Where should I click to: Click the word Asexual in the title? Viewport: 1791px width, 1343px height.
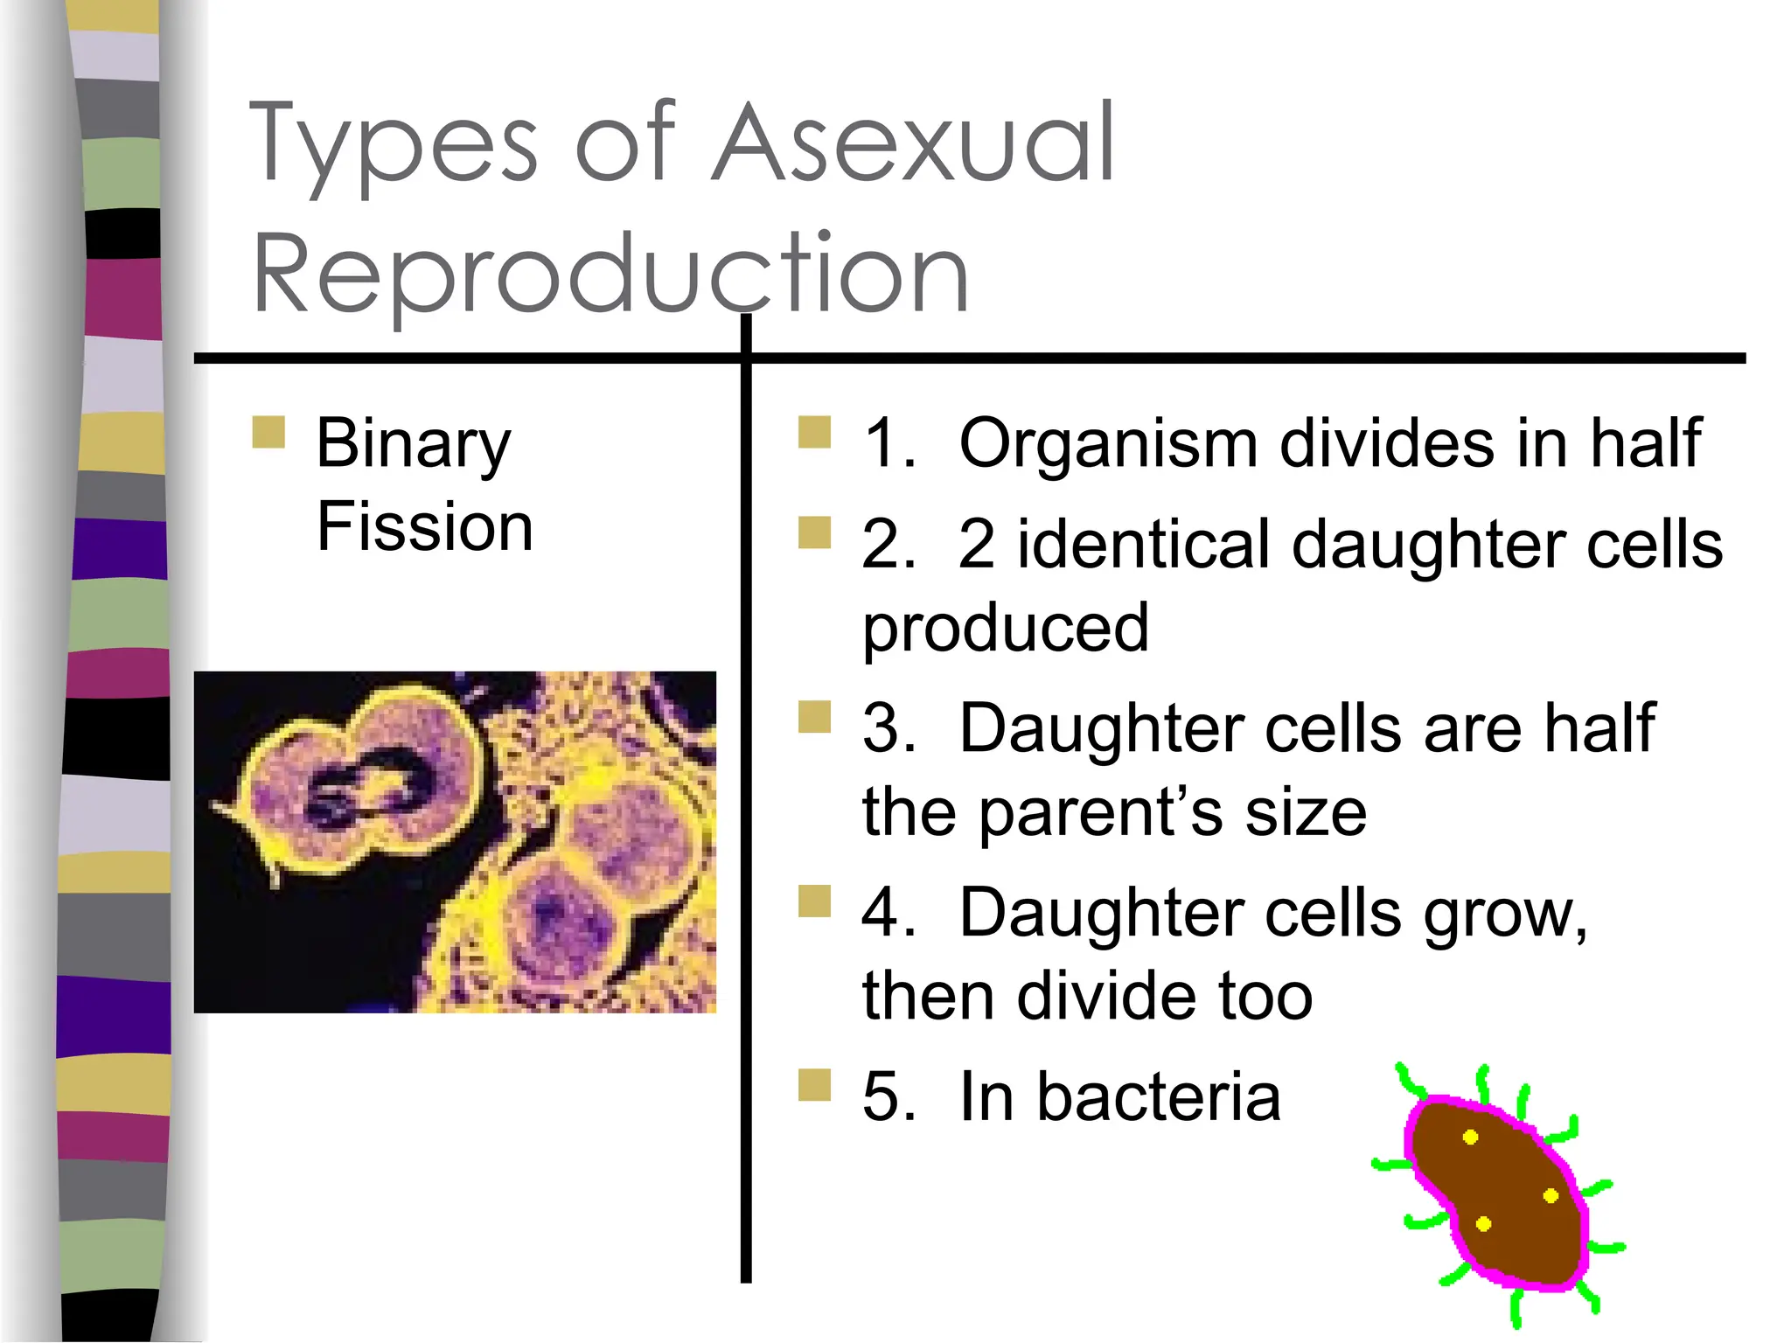(x=915, y=144)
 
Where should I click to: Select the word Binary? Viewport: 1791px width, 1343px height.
(x=413, y=444)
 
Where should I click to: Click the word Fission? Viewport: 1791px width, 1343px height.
(x=425, y=527)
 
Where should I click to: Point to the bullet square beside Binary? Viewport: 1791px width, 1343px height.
(x=268, y=432)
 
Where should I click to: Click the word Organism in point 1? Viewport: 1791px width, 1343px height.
(x=1108, y=444)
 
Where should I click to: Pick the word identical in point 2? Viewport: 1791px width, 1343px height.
(x=1144, y=545)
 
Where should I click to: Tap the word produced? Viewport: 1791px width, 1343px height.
(x=1005, y=628)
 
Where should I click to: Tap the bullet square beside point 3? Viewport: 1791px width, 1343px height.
(x=814, y=717)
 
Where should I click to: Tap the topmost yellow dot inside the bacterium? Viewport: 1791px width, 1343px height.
(x=1470, y=1137)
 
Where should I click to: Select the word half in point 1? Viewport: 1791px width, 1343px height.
(x=1645, y=444)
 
